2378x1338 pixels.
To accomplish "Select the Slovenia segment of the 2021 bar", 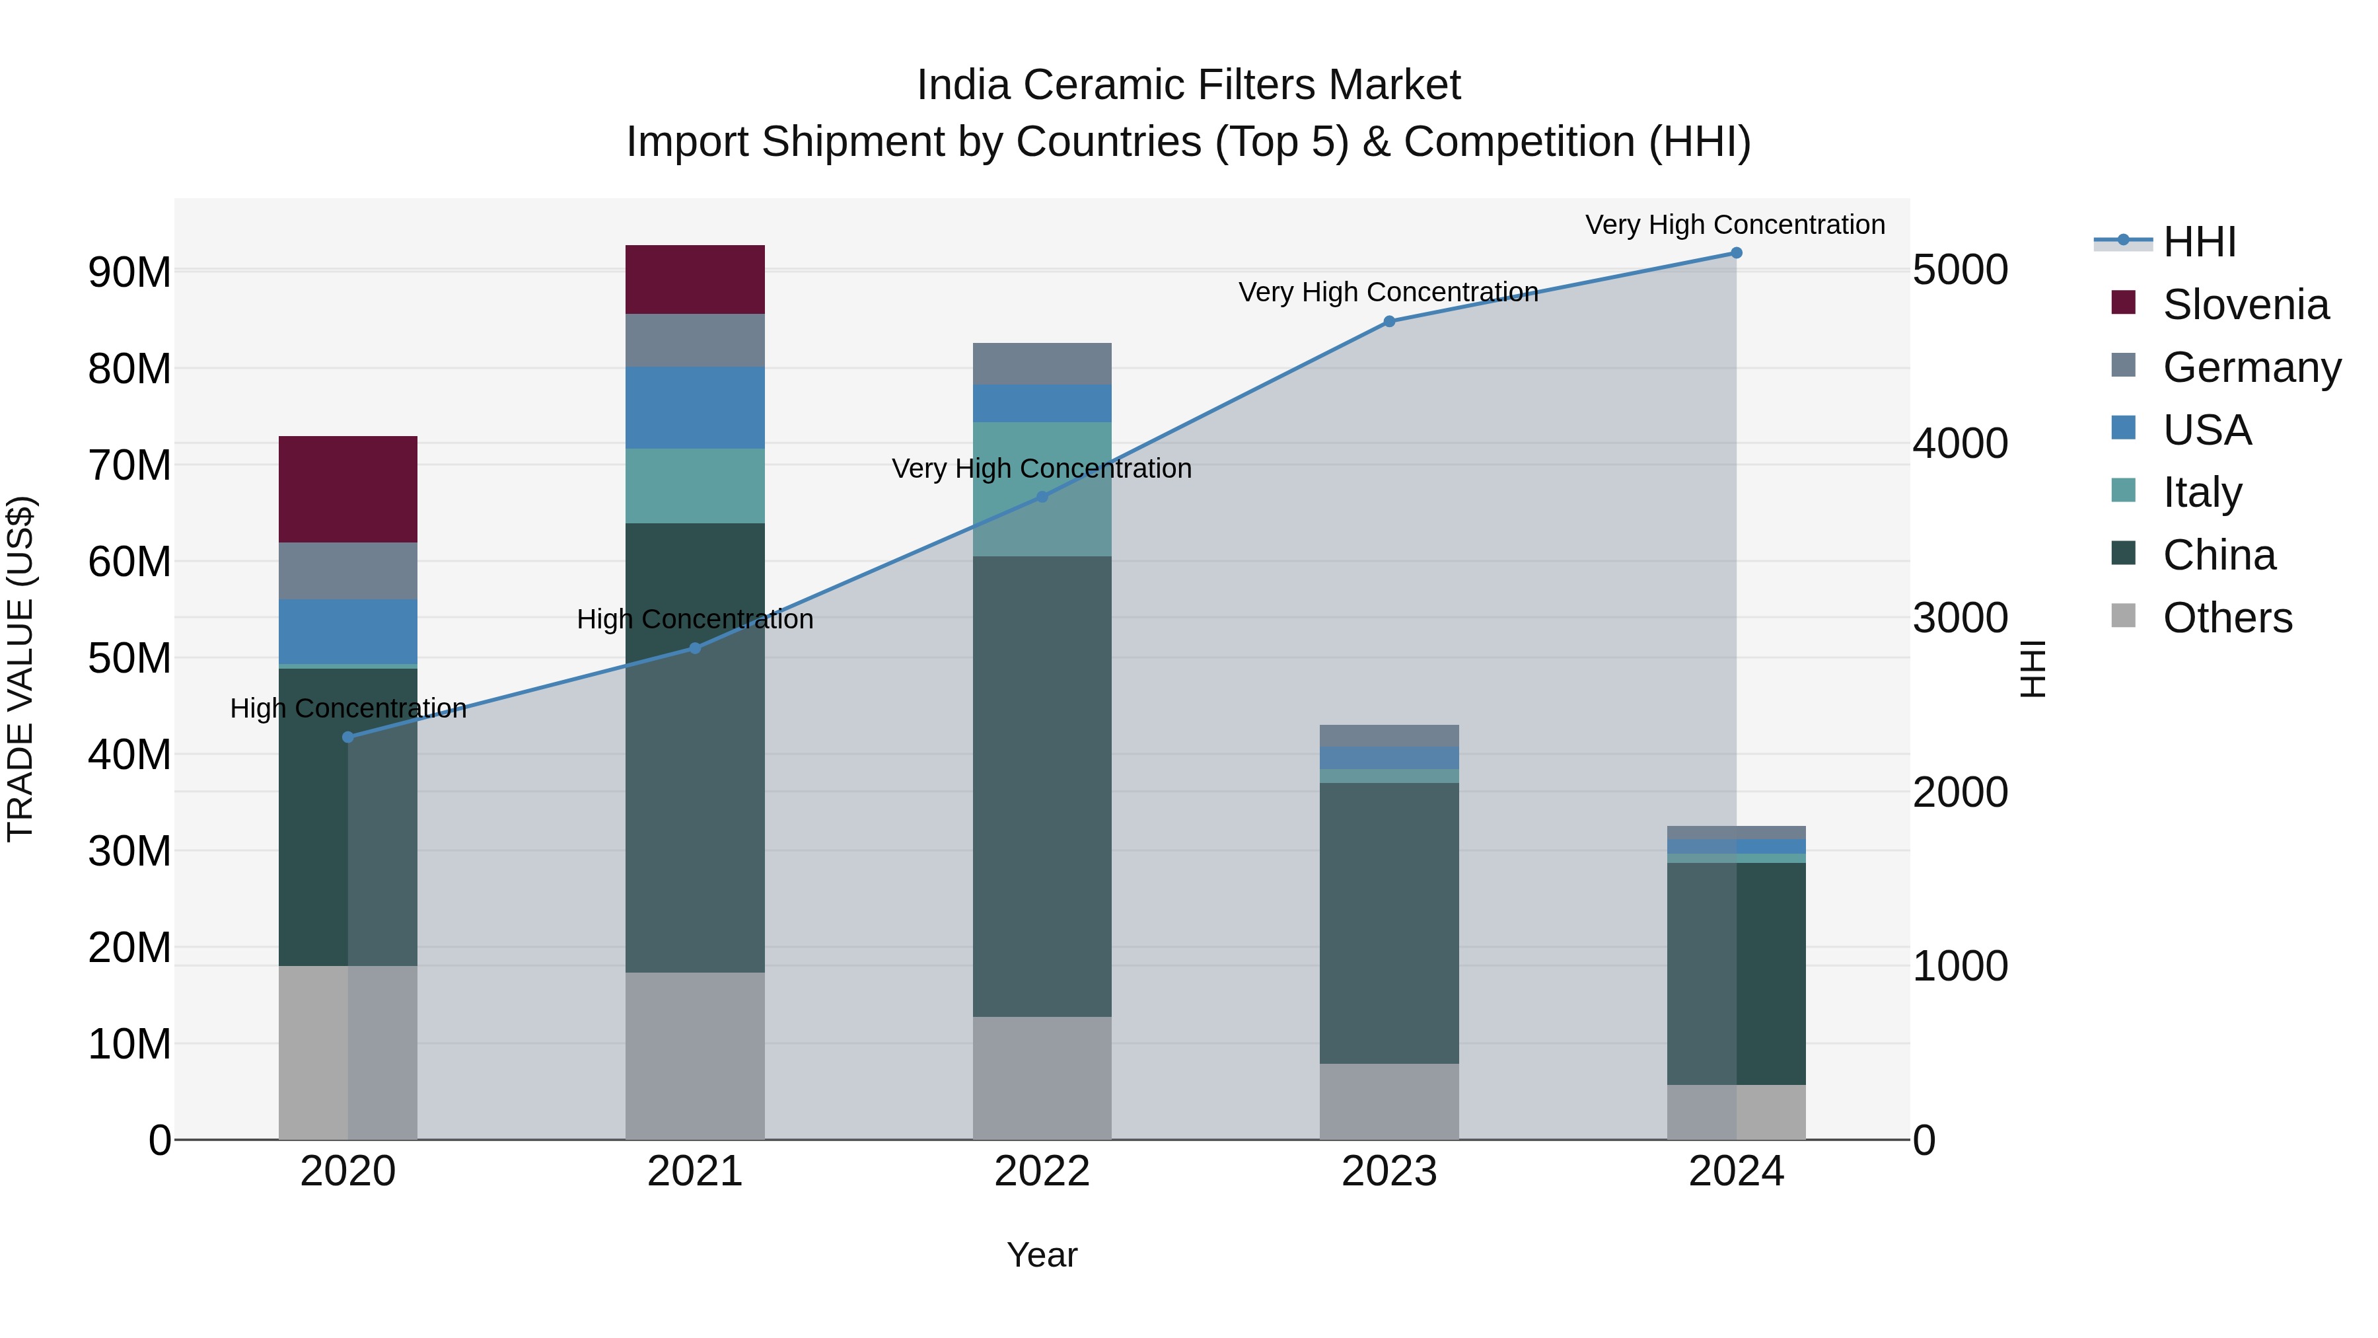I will coord(695,279).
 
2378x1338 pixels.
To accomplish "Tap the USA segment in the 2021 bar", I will coord(695,407).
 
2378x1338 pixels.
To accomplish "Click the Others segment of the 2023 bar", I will coord(1389,1101).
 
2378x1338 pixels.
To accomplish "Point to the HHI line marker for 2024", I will coord(1737,253).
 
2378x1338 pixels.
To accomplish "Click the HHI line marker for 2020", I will coord(348,737).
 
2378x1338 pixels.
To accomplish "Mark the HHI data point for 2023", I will coord(1389,321).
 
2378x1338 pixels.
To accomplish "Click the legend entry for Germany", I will coord(2252,367).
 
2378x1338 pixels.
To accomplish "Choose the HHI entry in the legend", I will coord(2199,242).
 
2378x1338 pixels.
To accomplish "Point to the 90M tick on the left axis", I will coord(129,272).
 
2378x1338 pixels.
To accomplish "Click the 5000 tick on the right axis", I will coord(1960,270).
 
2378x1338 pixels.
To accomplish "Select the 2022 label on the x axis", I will coord(1042,1171).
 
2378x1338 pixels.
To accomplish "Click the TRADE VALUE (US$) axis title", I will coord(20,669).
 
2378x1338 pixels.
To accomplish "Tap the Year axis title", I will coord(1042,1255).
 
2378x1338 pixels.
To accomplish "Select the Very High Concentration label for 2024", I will coord(1735,225).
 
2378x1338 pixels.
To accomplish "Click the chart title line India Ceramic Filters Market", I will coord(1188,85).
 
